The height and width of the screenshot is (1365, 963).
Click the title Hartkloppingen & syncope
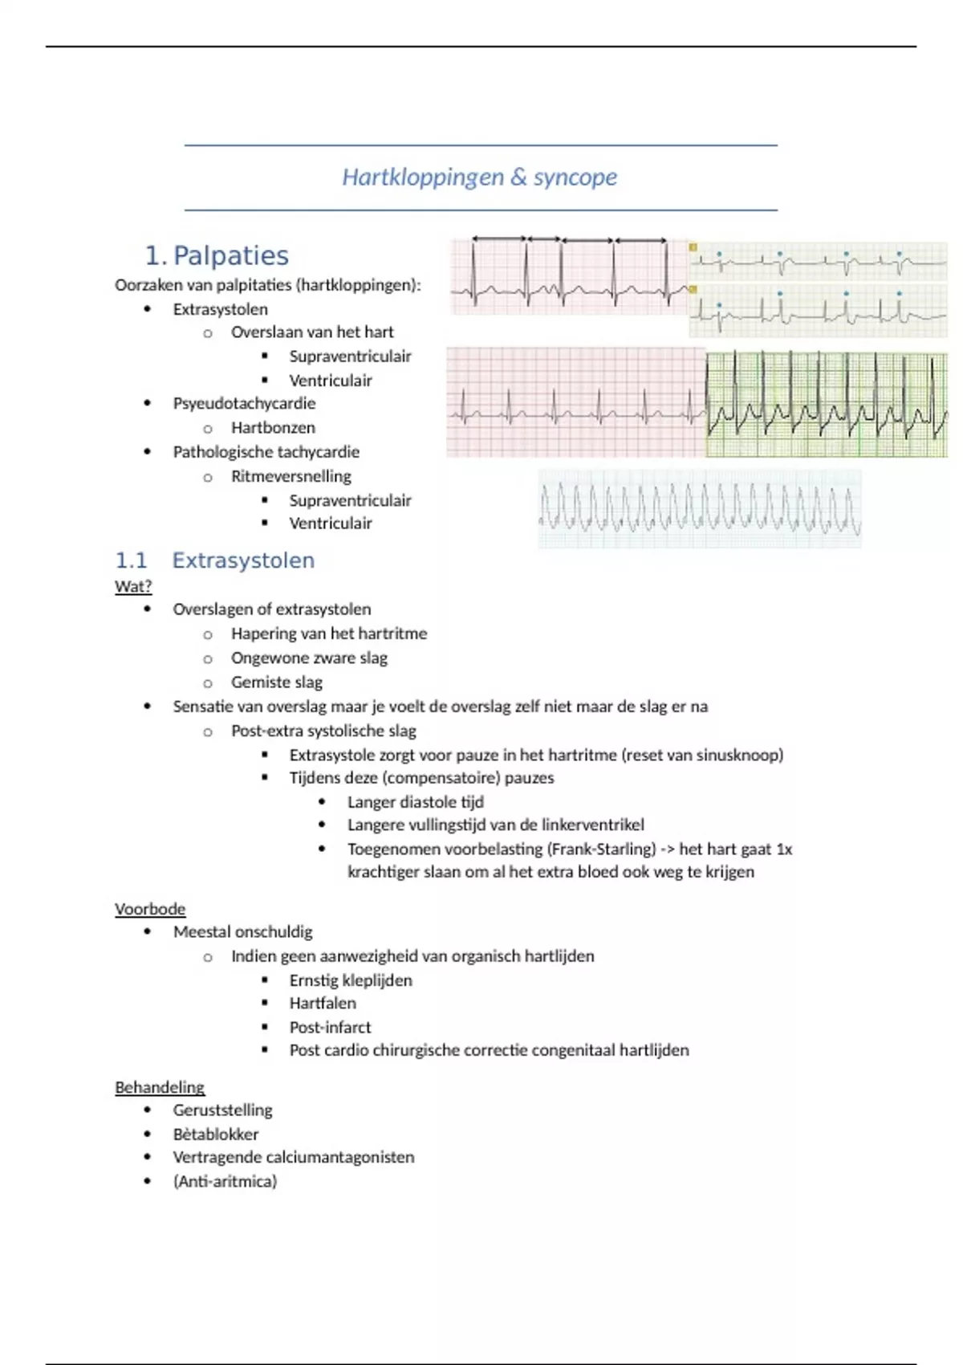pyautogui.click(x=479, y=177)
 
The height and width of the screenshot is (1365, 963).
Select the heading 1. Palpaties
pyautogui.click(x=217, y=255)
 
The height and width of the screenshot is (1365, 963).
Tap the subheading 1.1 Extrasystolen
pyautogui.click(x=214, y=560)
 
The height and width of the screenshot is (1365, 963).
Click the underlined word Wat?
pyautogui.click(x=133, y=586)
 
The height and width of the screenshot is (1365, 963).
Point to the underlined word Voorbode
pyautogui.click(x=150, y=909)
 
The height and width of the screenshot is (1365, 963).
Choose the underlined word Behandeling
pyautogui.click(x=160, y=1087)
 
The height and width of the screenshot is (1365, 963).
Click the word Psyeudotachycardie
pyautogui.click(x=244, y=403)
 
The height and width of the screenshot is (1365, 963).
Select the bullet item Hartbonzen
pyautogui.click(x=273, y=427)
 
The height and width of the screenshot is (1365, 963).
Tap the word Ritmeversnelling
pyautogui.click(x=291, y=476)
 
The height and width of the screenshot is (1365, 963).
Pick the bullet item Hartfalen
pyautogui.click(x=323, y=1003)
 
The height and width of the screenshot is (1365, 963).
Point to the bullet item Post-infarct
pyautogui.click(x=330, y=1027)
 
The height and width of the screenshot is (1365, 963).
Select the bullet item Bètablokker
pyautogui.click(x=216, y=1134)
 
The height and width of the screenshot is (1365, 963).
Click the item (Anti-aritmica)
pyautogui.click(x=225, y=1181)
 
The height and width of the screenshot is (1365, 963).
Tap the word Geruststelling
pyautogui.click(x=222, y=1110)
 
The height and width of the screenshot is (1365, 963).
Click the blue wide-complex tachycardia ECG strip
pyautogui.click(x=700, y=509)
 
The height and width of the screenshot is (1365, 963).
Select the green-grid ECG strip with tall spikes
pyautogui.click(x=827, y=404)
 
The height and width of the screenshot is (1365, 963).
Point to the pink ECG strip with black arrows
pyautogui.click(x=569, y=275)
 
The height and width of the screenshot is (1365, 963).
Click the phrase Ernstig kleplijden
pyautogui.click(x=351, y=980)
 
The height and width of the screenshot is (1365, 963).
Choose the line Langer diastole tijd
pyautogui.click(x=415, y=801)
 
